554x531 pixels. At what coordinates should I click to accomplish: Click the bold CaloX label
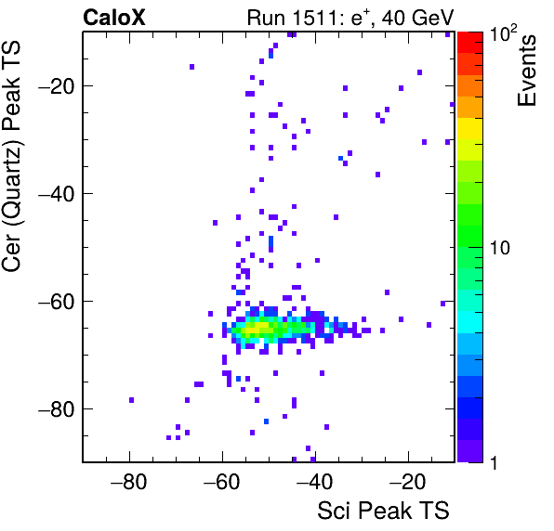pos(114,18)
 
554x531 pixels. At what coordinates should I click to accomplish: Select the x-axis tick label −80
pos(128,482)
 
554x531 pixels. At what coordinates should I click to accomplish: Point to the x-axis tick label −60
pos(221,482)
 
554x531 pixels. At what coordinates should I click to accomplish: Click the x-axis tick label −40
pos(314,482)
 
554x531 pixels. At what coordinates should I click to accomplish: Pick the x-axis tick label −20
pos(407,482)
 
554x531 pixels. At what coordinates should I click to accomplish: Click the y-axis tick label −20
pos(56,85)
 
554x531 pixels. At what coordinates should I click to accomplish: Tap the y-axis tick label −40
pos(56,193)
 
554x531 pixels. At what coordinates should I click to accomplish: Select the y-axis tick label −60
pos(56,301)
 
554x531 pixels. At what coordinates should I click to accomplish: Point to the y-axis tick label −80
pos(56,408)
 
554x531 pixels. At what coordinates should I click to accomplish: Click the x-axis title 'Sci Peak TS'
pos(383,511)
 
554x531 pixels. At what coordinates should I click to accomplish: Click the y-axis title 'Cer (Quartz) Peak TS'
pos(12,157)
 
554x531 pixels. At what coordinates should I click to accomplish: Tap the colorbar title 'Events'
pos(526,71)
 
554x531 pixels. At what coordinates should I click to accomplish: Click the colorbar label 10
pos(500,248)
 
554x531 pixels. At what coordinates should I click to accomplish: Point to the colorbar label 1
pos(494,462)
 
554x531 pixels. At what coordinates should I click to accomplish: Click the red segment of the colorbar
pos(470,43)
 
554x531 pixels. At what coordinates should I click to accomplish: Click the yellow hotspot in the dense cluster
pos(259,328)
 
